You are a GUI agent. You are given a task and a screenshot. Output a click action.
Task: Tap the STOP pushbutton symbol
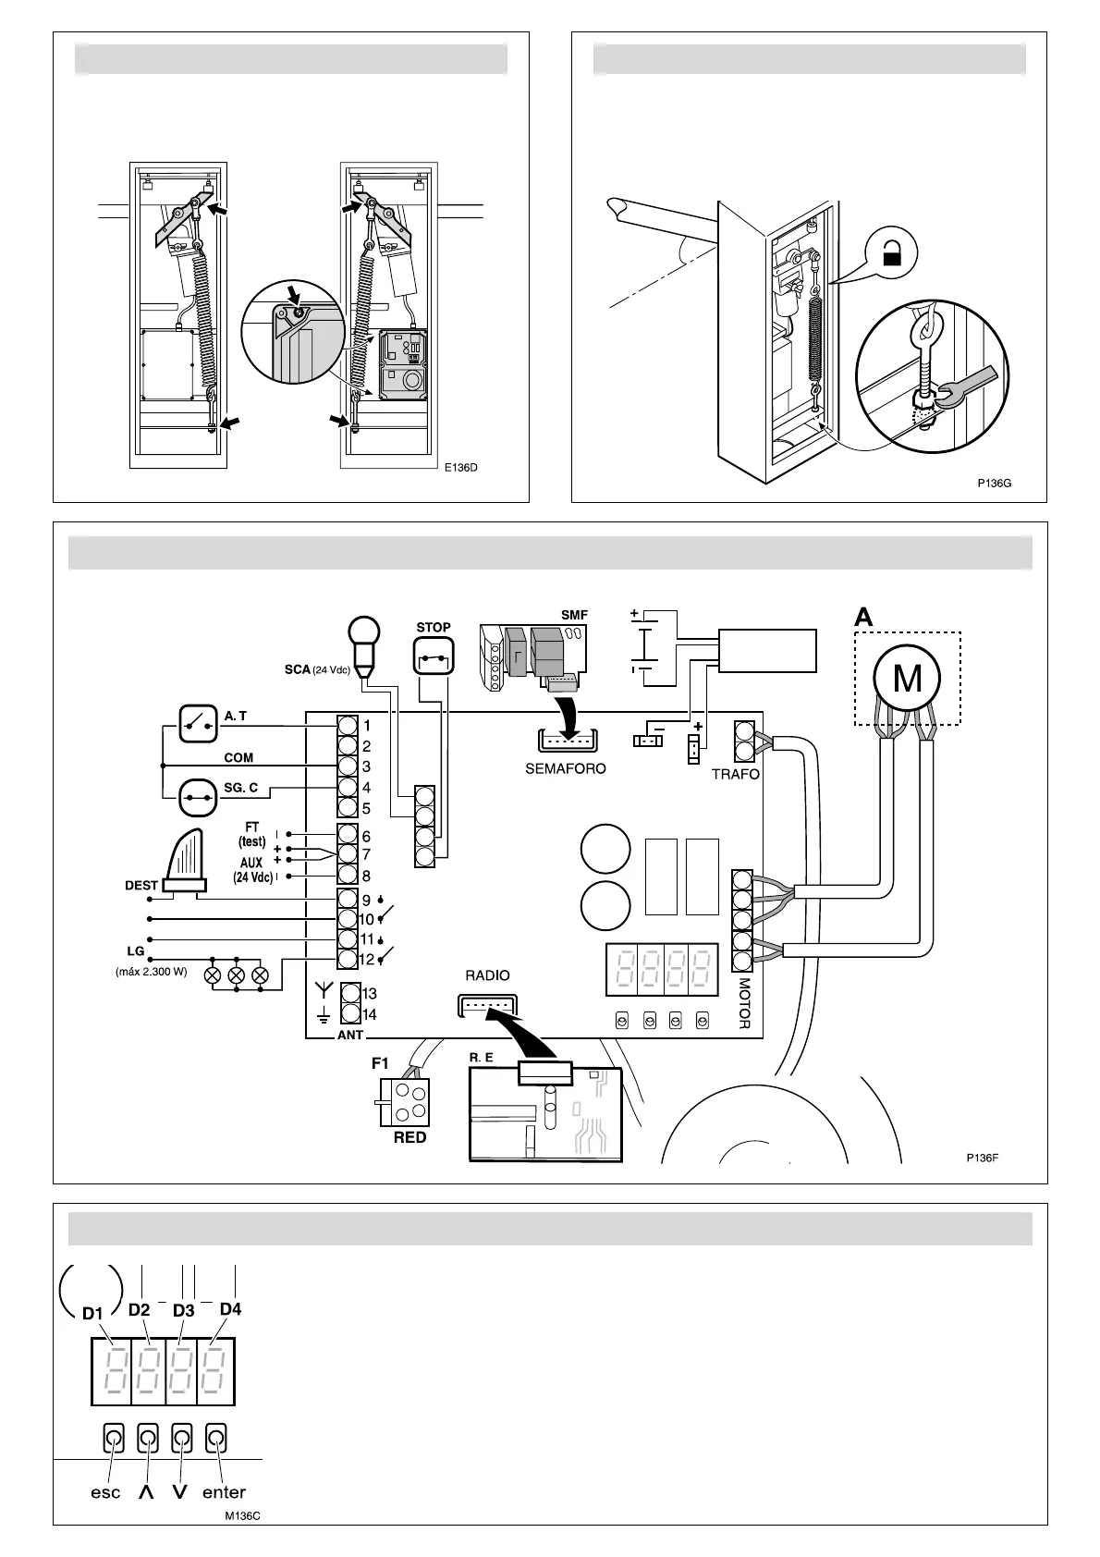click(434, 659)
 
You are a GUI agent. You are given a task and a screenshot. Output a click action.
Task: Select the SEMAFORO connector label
click(566, 768)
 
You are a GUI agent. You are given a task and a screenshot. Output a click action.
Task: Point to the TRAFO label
click(735, 774)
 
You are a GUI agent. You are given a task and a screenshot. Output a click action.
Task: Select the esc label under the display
click(105, 1492)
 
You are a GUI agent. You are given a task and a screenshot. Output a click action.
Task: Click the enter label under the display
click(224, 1492)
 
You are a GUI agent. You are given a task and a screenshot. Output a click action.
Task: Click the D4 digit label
click(230, 1309)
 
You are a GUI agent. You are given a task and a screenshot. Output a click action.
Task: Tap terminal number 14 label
click(370, 1014)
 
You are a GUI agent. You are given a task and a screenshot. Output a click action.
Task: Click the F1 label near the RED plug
click(380, 1063)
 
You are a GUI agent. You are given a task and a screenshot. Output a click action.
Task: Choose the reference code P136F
click(982, 1157)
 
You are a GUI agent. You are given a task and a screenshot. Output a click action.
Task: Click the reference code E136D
click(460, 467)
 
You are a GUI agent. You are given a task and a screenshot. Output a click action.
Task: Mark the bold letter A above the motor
click(863, 617)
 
